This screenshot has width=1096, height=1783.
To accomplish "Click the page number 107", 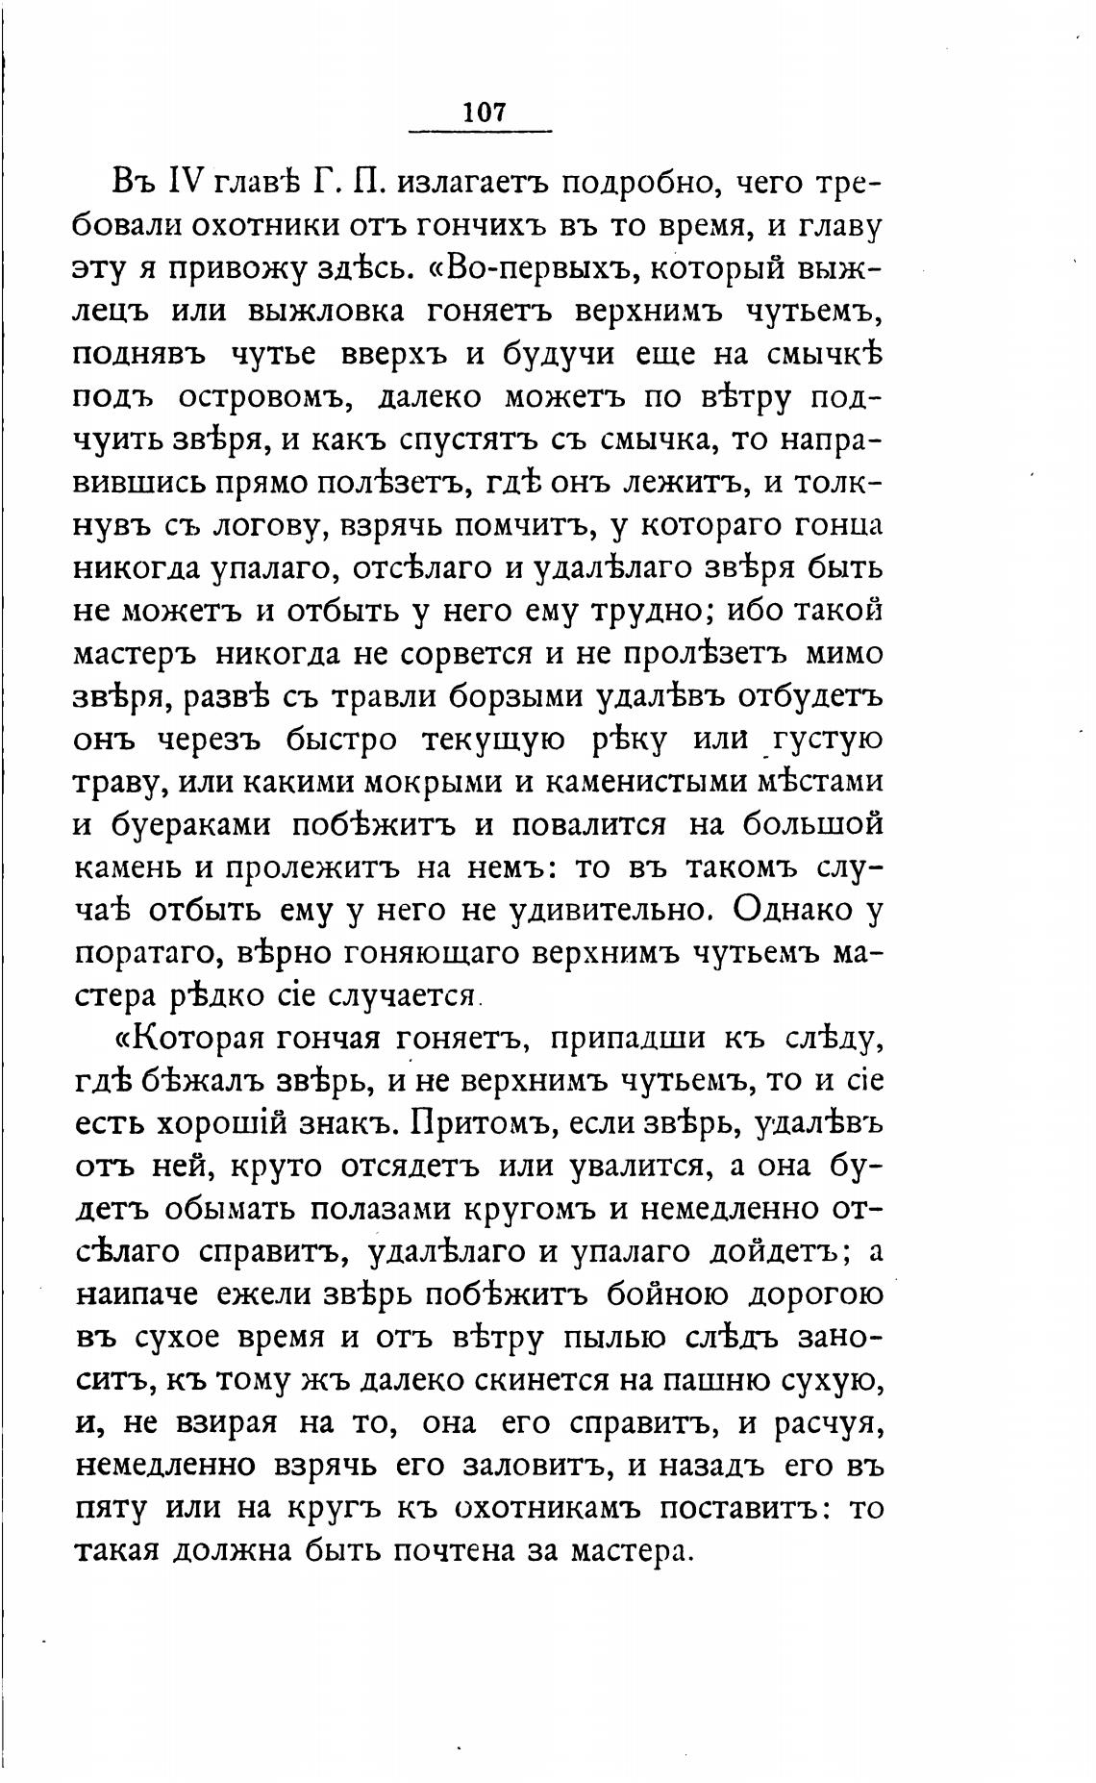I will pos(483,112).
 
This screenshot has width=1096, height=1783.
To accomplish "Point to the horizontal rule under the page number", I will pos(481,132).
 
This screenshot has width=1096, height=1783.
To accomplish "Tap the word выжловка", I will pos(329,313).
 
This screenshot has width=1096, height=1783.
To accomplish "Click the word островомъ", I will pos(280,398).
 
